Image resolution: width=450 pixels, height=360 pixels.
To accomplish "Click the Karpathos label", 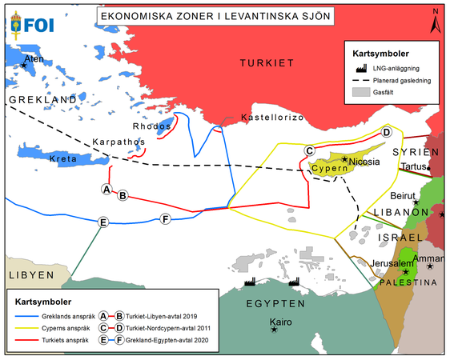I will coord(117,142).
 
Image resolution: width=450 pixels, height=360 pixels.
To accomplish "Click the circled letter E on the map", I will coord(102,222).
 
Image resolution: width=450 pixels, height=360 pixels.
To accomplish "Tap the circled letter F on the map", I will coord(165,219).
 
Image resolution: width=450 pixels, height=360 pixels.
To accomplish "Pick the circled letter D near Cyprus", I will coord(385,133).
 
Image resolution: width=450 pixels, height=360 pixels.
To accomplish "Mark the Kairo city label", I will coord(285,328).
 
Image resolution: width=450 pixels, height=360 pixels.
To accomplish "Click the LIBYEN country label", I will coord(30,274).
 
